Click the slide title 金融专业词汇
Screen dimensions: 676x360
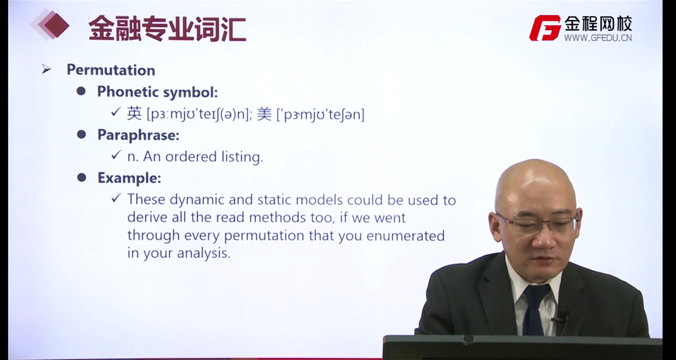[167, 28]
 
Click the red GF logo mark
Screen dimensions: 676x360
[545, 28]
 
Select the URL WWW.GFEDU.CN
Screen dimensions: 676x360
[598, 37]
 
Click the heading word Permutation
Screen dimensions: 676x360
[111, 70]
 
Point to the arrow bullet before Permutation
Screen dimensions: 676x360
[46, 69]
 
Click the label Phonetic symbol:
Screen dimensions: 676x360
[157, 92]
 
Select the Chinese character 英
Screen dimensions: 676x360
[134, 114]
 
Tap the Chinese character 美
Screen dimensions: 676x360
[264, 114]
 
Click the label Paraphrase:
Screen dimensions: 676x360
[138, 135]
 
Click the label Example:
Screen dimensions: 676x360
[129, 178]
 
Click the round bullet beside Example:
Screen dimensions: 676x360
[82, 177]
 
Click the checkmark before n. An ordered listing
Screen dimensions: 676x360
[116, 155]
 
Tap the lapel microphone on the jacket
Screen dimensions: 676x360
[559, 319]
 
